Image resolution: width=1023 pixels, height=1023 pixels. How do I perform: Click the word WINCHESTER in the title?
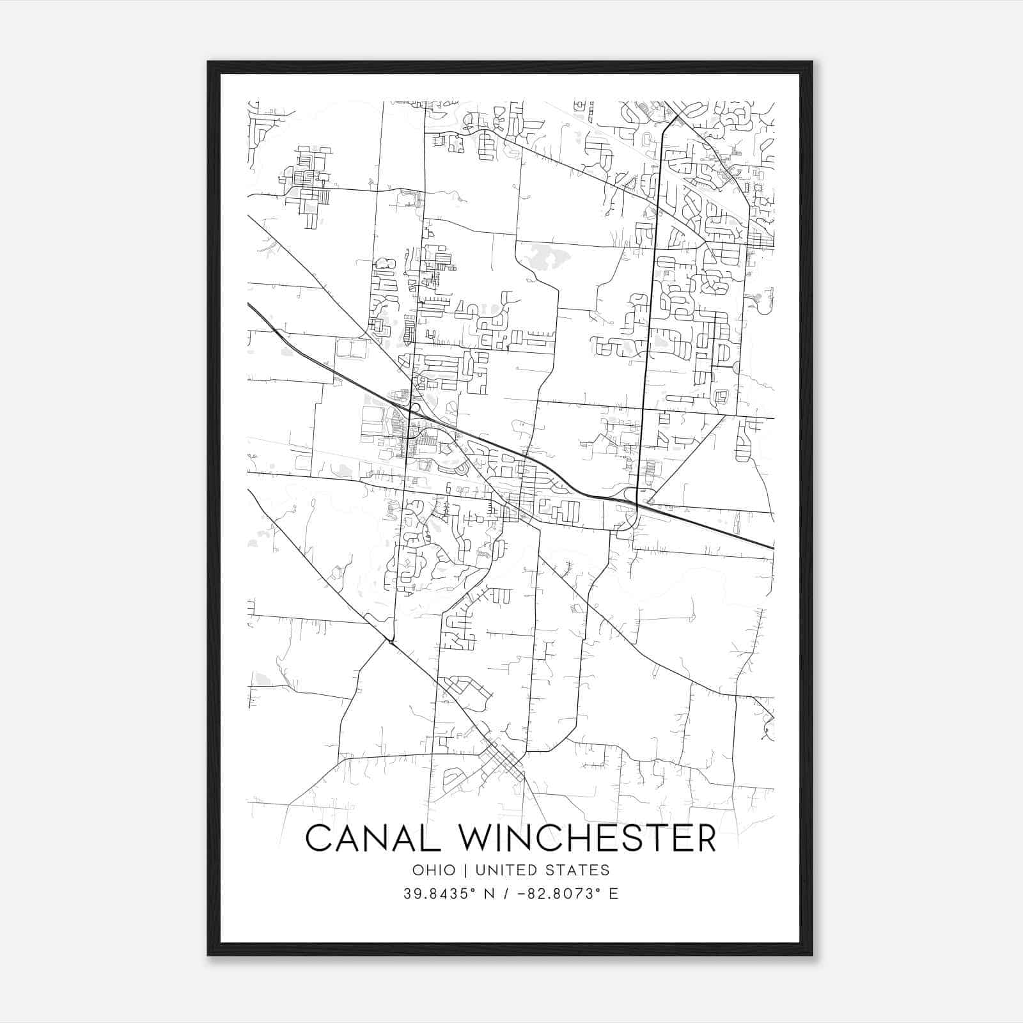(588, 838)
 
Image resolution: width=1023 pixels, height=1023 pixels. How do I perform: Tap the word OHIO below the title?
(433, 870)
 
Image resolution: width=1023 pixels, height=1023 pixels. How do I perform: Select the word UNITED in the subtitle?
(508, 870)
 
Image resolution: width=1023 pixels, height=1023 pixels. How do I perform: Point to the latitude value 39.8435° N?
(449, 894)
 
